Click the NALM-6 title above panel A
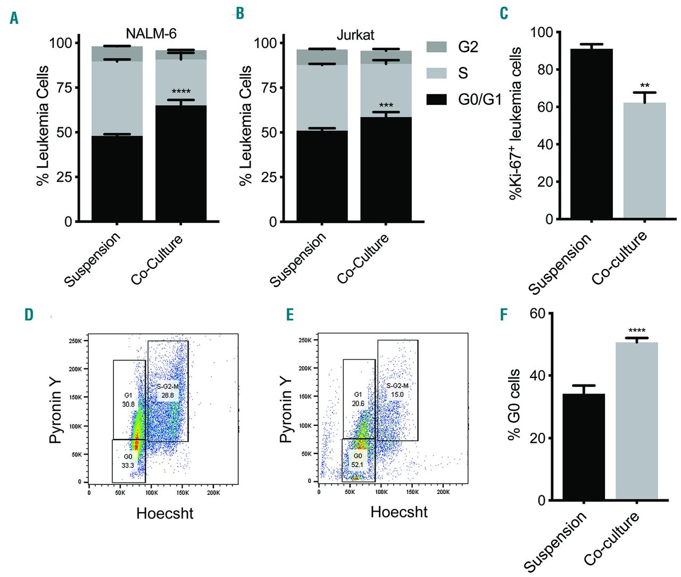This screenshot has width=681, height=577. pos(151,34)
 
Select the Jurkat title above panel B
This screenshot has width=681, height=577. pos(355,35)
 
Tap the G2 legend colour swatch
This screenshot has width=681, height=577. pos(436,47)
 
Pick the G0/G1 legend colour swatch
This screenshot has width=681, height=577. pos(436,98)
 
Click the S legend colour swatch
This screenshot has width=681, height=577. pos(436,73)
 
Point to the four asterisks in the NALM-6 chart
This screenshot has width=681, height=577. pos(181,92)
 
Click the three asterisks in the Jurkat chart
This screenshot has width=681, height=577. pos(386,106)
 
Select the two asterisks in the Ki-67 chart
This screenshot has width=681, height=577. pos(644,86)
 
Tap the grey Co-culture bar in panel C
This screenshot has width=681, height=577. pos(644,160)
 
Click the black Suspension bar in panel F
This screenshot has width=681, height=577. pos(584,447)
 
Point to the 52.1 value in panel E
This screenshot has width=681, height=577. pos(358,464)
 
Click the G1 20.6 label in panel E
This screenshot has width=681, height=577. pos(358,399)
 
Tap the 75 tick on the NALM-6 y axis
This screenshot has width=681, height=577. pos(64,88)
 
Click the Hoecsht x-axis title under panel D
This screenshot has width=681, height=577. pos(165,514)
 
